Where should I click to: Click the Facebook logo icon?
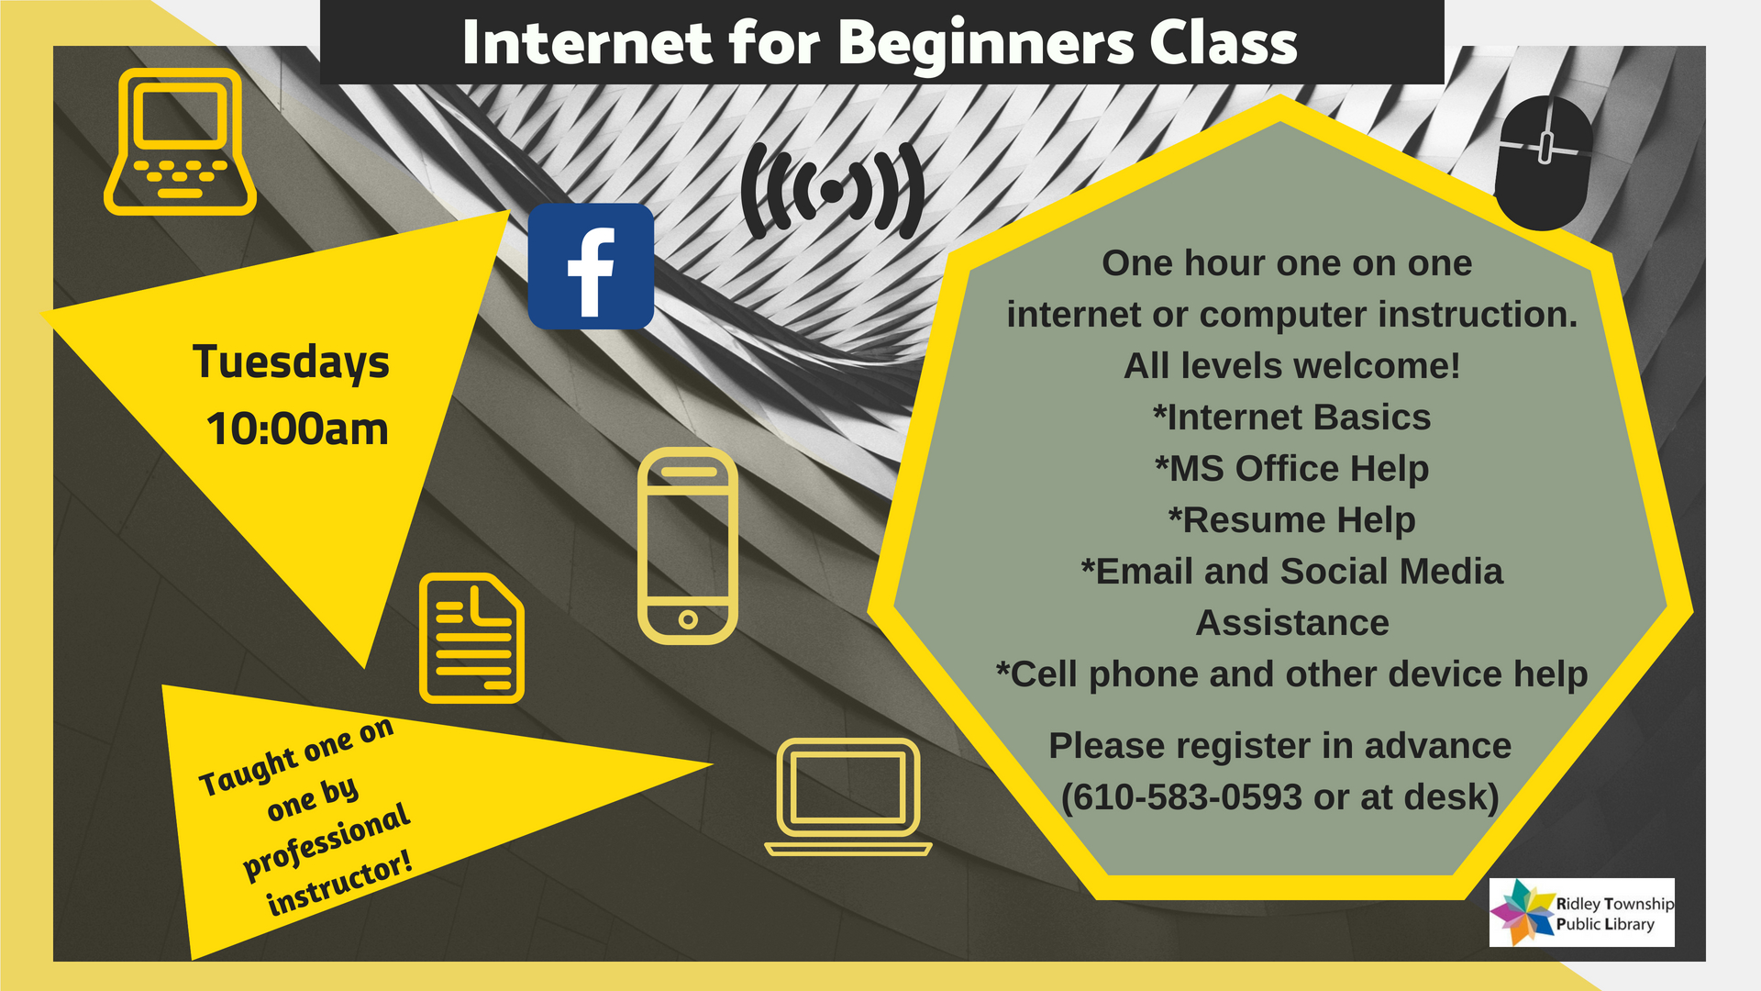pos(591,266)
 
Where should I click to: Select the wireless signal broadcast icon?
pos(833,191)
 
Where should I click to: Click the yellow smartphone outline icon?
pos(688,546)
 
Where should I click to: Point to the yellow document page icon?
pos(471,639)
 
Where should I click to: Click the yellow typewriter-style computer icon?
pos(180,141)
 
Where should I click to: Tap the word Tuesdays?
pos(291,362)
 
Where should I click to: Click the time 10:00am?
pos(297,429)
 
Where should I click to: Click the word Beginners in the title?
pos(986,43)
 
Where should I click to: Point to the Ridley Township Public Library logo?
pos(1582,912)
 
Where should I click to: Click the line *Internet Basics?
pos(1291,418)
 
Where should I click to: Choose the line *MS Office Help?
pos(1291,469)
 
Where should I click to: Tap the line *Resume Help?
pos(1291,520)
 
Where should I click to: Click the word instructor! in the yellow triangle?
pos(339,883)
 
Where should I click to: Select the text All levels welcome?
pos(1291,366)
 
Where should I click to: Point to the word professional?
pos(327,841)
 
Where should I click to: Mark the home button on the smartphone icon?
pos(688,620)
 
